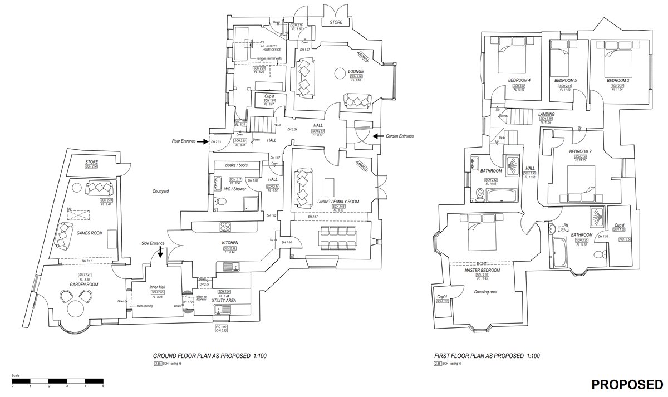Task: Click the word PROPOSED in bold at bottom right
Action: point(627,384)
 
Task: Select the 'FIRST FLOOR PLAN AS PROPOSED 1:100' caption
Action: point(487,356)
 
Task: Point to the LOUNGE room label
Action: point(356,72)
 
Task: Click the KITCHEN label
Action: point(230,243)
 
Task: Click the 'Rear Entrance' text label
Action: point(184,141)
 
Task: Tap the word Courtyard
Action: point(160,191)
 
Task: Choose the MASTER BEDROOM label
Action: point(482,270)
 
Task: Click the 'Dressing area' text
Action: point(485,291)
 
